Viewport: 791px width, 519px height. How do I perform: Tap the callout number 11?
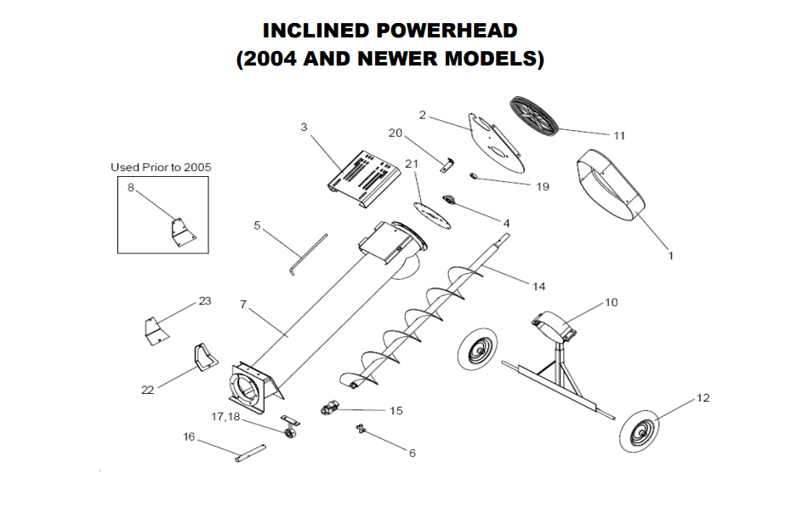[x=618, y=135]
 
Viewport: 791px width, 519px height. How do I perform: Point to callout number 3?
[x=304, y=127]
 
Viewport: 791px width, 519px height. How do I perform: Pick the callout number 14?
[x=538, y=287]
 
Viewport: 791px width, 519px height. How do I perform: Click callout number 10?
[x=611, y=302]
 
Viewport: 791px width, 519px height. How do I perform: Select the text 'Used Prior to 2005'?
[x=161, y=167]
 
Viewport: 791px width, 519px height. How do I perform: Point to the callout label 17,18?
[x=225, y=416]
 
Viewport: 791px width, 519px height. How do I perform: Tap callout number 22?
[x=147, y=390]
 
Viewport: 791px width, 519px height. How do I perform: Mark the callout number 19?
[x=543, y=186]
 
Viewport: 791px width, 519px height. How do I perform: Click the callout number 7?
[x=243, y=304]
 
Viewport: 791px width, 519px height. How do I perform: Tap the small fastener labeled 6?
[x=362, y=430]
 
